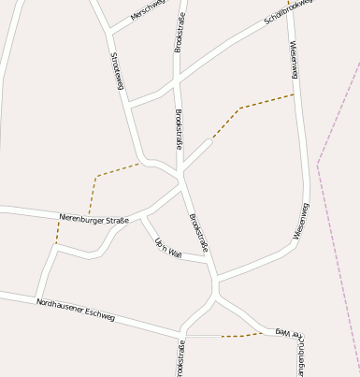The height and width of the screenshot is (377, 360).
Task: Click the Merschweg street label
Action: (x=148, y=11)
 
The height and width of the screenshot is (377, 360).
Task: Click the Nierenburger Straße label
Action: (x=94, y=219)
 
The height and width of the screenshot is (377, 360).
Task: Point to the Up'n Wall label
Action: (x=168, y=247)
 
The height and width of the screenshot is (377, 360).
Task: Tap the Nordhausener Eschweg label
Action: (x=75, y=311)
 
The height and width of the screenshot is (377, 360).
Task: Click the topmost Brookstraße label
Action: (x=180, y=32)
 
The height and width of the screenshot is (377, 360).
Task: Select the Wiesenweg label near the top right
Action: (x=294, y=58)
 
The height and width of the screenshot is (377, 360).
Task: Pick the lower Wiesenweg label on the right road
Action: (x=299, y=222)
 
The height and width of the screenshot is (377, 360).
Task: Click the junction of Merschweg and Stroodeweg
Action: (x=110, y=33)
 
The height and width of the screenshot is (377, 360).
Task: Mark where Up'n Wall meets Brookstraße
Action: (x=209, y=259)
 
